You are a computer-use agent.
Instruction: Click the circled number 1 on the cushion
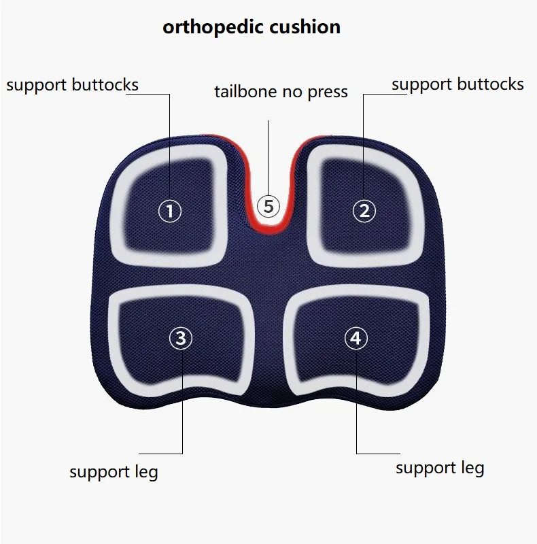[170, 211]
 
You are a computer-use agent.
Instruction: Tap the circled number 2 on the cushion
[364, 211]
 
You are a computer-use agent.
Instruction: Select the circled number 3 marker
[181, 338]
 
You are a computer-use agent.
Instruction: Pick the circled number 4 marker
[356, 338]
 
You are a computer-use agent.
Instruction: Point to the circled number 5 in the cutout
[268, 205]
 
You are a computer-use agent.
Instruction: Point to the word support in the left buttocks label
[37, 86]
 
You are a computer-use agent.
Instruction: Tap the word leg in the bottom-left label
[145, 471]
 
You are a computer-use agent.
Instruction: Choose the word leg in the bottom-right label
[471, 468]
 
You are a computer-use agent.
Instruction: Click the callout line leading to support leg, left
[182, 408]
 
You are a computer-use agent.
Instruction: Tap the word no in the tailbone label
[289, 91]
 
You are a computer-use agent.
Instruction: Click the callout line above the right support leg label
[357, 408]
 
